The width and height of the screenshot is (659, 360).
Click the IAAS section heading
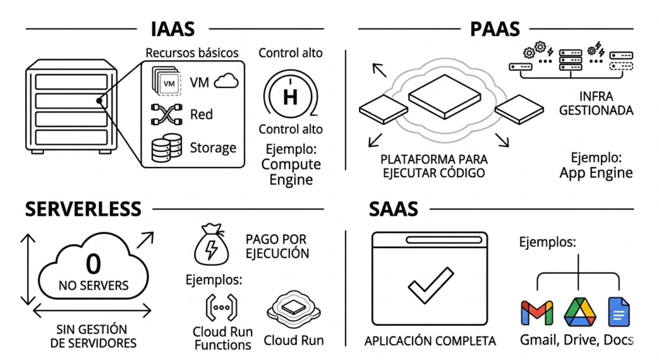172,28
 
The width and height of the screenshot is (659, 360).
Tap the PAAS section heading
495,28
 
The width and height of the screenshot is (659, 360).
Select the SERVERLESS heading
83,209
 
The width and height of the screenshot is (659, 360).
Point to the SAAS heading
393,209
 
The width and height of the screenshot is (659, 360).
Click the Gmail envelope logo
537,312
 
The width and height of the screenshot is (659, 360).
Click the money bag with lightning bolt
212,244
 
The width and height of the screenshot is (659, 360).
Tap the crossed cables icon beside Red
164,115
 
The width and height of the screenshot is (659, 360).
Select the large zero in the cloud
93,264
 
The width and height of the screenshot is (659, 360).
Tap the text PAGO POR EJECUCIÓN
277,246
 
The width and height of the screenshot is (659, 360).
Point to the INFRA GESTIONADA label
596,103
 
